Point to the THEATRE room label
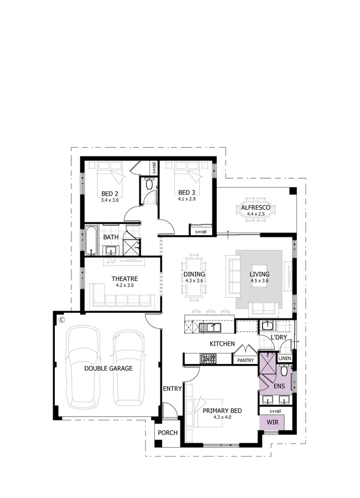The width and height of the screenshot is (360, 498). tap(124, 279)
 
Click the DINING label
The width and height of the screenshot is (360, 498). tap(194, 274)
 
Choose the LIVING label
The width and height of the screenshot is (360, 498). tap(259, 274)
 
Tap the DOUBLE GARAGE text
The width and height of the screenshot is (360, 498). tap(108, 368)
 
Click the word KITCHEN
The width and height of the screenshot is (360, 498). tap(222, 344)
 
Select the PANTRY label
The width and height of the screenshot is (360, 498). tap(245, 361)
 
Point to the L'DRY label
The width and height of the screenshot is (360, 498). tap(278, 338)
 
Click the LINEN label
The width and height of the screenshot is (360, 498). tap(284, 359)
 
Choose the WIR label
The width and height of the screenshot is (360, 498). tap(273, 422)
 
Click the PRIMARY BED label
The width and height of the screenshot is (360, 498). tap(222, 411)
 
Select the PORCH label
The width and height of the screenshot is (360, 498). tap(168, 433)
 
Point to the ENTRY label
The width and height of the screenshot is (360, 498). tap(172, 388)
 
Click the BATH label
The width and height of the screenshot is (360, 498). tap(111, 237)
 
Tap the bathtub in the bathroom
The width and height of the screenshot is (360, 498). tap(91, 241)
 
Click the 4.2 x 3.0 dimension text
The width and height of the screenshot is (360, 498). tap(124, 286)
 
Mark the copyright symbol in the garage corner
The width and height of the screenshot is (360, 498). tap(62, 320)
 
